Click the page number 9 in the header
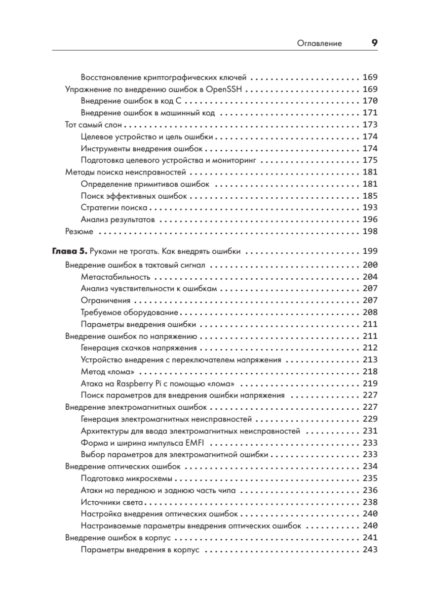[374, 43]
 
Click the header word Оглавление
[319, 44]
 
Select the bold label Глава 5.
[70, 251]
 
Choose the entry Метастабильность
[115, 277]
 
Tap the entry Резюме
[79, 231]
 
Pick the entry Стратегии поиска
[114, 207]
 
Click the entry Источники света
[112, 502]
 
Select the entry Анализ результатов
[118, 220]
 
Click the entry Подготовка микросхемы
[126, 478]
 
